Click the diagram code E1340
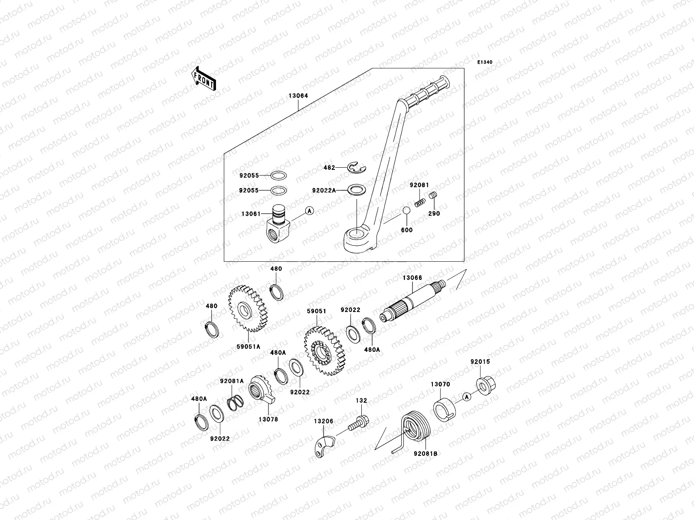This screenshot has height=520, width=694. click(x=485, y=62)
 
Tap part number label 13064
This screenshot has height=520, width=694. click(x=297, y=96)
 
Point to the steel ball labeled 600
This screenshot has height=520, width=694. click(x=406, y=211)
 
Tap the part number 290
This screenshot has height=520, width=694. click(x=434, y=213)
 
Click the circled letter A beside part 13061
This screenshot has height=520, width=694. click(x=309, y=211)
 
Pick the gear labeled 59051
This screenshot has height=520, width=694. click(x=324, y=351)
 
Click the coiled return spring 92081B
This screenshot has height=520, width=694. click(x=415, y=427)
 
